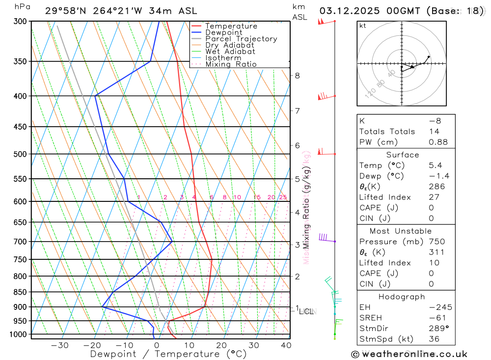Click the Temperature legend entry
coord(231,26)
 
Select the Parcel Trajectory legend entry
coord(241,39)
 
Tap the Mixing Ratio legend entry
coord(231,64)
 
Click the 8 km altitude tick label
coord(298,76)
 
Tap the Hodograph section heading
coord(402,297)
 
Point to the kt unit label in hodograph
coord(362,26)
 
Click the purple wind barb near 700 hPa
coord(324,238)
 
